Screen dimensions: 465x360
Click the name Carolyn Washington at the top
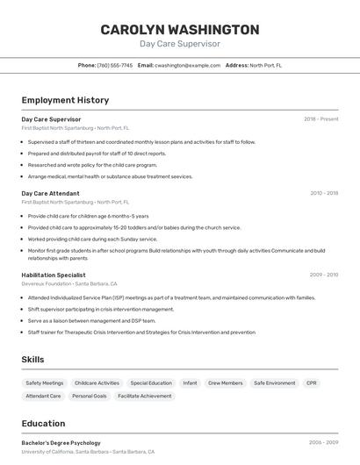pos(180,30)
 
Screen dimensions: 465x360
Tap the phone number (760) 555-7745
pos(115,65)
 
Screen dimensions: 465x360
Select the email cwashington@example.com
pos(188,65)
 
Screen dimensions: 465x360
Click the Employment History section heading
pos(65,100)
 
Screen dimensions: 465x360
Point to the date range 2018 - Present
pos(321,118)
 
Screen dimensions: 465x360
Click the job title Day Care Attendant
pos(50,193)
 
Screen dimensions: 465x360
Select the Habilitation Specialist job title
pos(54,275)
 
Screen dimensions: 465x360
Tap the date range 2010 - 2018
pos(324,193)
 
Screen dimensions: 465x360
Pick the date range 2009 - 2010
pos(324,275)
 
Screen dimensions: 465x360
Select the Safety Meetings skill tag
pos(45,383)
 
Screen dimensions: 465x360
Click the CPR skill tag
pos(312,383)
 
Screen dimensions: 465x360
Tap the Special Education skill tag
pos(151,383)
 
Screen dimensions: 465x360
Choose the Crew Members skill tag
pos(225,383)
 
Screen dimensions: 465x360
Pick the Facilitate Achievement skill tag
pos(145,397)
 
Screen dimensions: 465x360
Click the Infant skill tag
pos(190,383)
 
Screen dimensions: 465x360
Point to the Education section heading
pos(43,424)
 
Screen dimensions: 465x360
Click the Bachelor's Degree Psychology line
pos(61,443)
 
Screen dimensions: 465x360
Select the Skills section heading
pos(32,360)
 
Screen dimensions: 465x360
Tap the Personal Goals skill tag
pos(90,397)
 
